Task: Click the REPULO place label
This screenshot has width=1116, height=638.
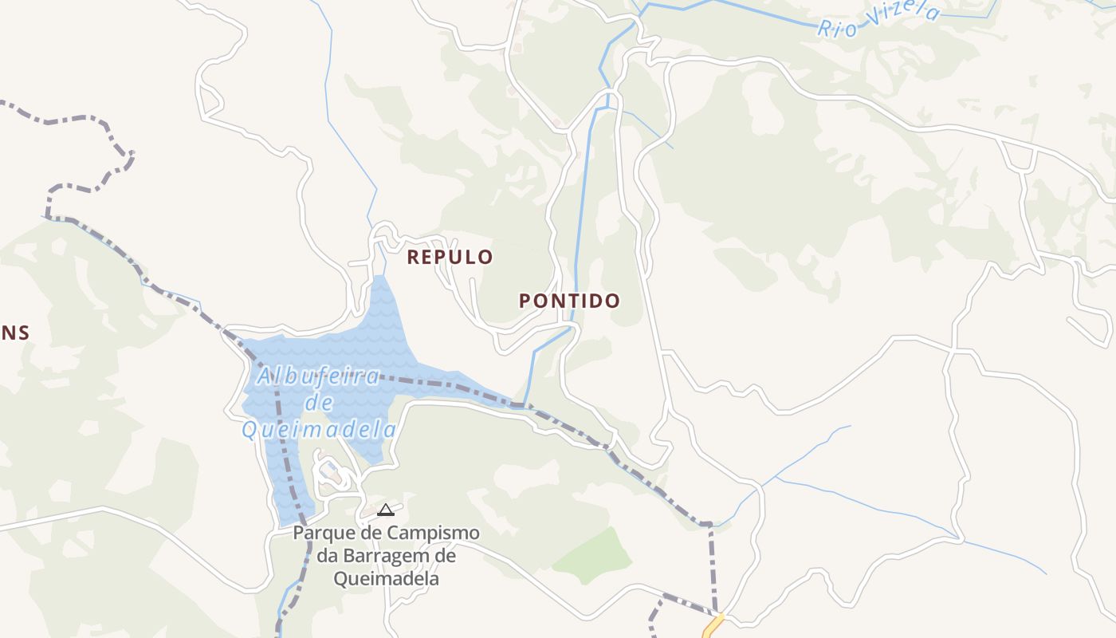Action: coord(450,258)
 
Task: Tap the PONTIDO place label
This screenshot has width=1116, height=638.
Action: coord(569,301)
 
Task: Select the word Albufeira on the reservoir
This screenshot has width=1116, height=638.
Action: coord(318,376)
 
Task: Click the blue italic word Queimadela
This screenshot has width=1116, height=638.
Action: coord(319,431)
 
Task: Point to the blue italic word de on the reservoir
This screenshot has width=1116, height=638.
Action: coord(320,403)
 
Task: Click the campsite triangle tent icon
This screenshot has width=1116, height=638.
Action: coord(386,510)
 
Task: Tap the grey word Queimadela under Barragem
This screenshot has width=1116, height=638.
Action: coord(387,578)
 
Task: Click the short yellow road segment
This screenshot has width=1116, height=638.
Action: coord(712,626)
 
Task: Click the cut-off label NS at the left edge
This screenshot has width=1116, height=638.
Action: coord(14,333)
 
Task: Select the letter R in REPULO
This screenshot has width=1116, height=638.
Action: coord(413,258)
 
